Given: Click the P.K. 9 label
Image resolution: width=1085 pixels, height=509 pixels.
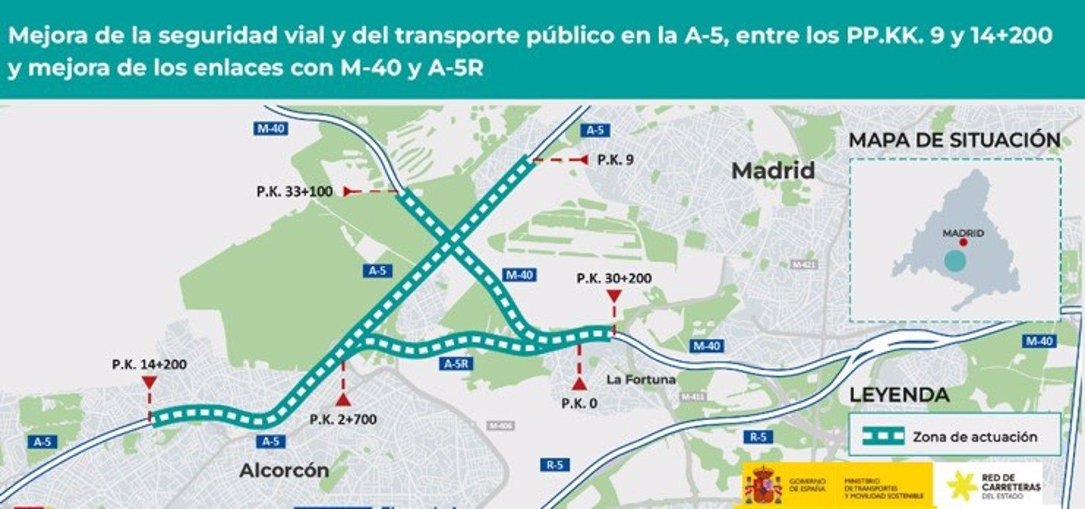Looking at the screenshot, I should [x=615, y=160].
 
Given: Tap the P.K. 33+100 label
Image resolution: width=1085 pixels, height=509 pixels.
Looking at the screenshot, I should [x=294, y=192].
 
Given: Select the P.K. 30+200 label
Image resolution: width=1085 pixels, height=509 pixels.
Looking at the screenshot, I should [x=614, y=278].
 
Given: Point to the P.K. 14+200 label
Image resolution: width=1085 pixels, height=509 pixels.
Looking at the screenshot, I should [x=149, y=365].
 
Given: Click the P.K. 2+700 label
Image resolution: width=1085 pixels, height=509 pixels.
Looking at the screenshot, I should [x=343, y=420].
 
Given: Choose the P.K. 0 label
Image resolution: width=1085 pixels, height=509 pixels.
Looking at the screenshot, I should [x=579, y=403].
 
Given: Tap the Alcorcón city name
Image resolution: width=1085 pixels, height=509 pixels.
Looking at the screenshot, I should [x=284, y=470].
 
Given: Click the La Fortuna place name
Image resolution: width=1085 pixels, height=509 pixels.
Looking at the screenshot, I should [x=641, y=380].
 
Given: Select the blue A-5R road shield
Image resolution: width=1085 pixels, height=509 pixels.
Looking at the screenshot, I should [x=456, y=364].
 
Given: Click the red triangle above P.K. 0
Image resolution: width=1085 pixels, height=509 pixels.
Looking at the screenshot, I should [x=579, y=384].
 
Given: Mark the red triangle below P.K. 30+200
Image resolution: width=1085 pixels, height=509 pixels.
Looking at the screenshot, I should [x=614, y=296].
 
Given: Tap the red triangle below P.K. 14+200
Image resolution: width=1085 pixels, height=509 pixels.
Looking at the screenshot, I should [x=149, y=383].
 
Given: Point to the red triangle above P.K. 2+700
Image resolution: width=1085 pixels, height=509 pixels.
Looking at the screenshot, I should [x=343, y=399].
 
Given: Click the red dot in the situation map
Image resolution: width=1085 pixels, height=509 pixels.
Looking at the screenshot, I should [x=963, y=242].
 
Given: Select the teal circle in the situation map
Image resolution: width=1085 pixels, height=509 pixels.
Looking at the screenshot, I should [x=954, y=261].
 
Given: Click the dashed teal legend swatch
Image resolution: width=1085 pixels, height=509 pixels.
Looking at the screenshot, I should [x=883, y=436].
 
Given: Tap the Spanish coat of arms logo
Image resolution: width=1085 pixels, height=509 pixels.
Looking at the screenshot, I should [x=763, y=485].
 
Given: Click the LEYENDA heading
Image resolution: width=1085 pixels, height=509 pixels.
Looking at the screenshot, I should [x=899, y=395].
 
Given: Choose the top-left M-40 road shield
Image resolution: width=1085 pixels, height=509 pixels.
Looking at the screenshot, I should [x=271, y=128].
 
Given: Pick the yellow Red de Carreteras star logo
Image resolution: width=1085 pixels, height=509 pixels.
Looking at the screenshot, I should [x=961, y=485].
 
